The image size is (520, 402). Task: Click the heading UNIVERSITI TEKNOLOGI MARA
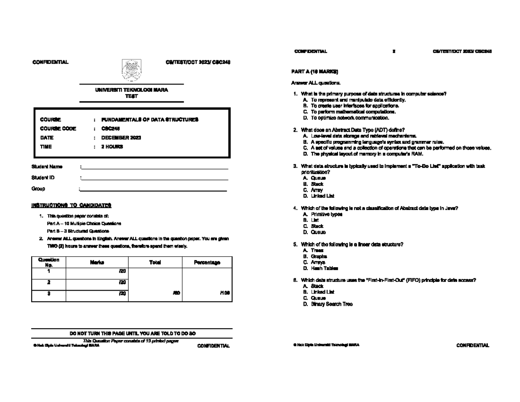tap(131, 90)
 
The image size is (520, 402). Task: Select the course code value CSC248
tap(110, 128)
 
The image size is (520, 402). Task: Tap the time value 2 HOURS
tap(112, 147)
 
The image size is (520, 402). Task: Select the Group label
tap(38, 189)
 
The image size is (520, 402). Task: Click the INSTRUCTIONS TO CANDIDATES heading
tap(71, 205)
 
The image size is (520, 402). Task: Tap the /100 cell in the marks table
tap(224, 293)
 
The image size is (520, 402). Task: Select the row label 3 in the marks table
tap(49, 294)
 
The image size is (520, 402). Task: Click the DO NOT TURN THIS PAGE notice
tap(132, 333)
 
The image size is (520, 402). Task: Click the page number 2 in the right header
tap(393, 52)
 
